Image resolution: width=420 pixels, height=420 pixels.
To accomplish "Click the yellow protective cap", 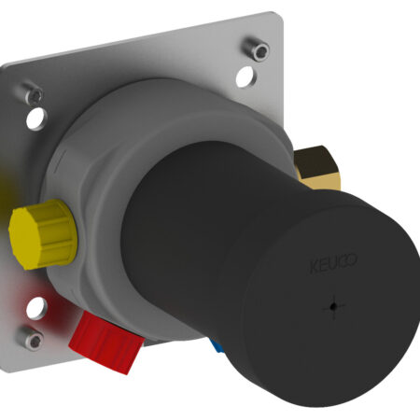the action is point(43,234).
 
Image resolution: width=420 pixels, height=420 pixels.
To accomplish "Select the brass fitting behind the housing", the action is point(317,168).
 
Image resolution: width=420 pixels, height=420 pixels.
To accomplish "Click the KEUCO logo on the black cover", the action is point(333,263).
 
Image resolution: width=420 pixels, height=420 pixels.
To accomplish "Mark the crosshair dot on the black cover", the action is point(333,307).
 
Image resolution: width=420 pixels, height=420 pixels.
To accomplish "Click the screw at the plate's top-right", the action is point(257,49).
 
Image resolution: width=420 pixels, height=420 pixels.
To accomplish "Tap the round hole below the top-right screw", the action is point(246,77).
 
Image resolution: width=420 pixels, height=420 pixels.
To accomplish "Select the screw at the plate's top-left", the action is point(33,93).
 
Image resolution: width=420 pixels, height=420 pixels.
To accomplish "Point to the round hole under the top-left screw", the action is point(36,119).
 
